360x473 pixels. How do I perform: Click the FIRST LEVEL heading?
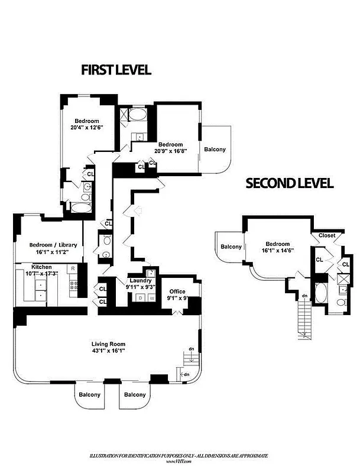point(116,70)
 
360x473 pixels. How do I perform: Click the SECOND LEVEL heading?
point(289,183)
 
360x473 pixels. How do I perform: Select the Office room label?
point(178,291)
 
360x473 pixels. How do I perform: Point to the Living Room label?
point(108,344)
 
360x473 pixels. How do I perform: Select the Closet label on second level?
point(326,235)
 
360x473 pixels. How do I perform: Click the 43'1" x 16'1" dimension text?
point(108,351)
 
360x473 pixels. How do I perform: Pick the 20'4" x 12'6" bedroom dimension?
point(87,128)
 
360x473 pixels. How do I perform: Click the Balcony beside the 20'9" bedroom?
point(215,150)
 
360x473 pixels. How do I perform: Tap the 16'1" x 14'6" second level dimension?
point(277,251)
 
